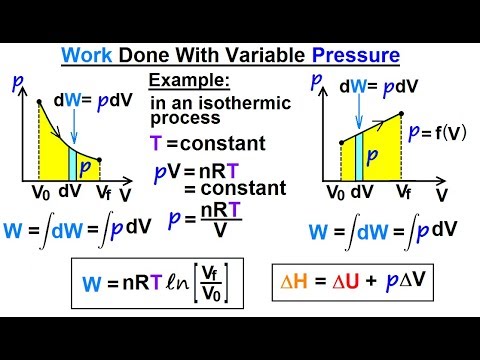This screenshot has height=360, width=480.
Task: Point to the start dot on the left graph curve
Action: tap(38, 101)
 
